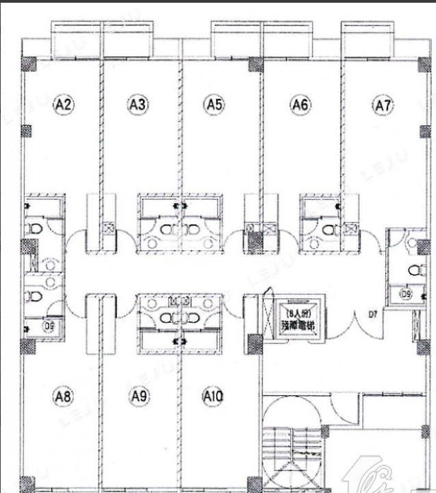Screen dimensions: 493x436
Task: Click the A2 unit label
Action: click(63, 105)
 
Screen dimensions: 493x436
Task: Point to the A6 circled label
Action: click(300, 105)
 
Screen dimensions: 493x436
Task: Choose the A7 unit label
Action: click(383, 105)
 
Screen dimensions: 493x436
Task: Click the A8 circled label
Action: click(63, 395)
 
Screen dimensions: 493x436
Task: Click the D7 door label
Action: click(373, 315)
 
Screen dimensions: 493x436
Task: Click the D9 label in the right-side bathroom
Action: click(406, 295)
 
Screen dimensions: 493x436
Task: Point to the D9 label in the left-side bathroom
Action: click(49, 327)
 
